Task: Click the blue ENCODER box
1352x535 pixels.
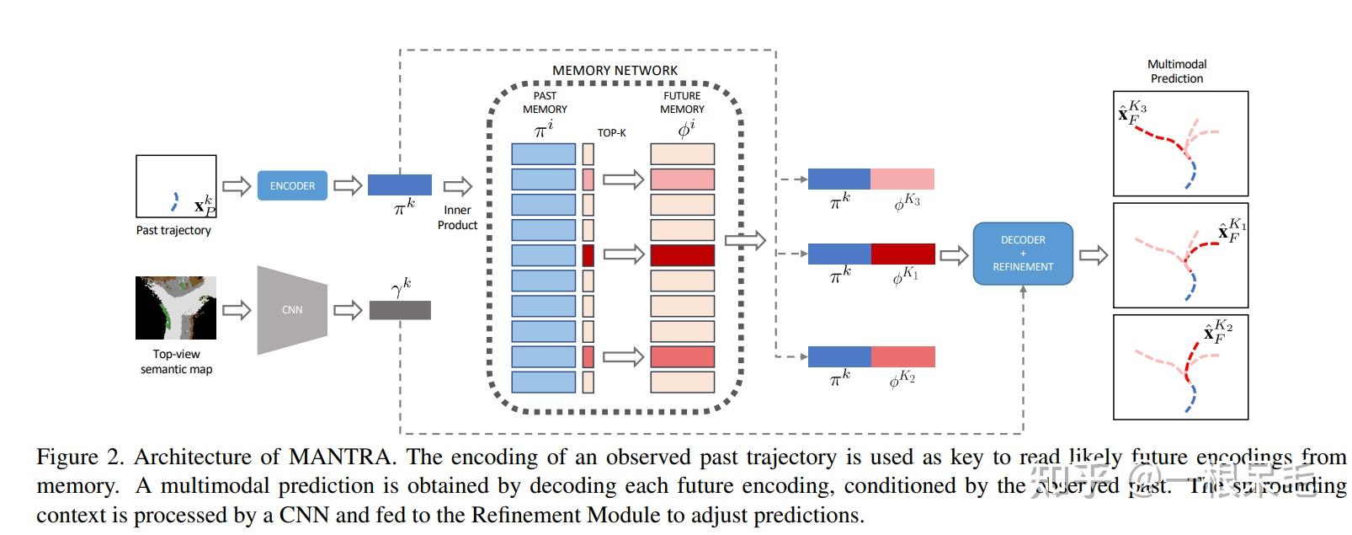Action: pos(292,185)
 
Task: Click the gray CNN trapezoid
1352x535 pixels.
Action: pos(291,310)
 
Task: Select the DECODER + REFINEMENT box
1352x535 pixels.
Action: pos(1023,254)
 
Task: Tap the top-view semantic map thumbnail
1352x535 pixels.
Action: pos(176,308)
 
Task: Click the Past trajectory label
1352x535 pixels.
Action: pos(173,230)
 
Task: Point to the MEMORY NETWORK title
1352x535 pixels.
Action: pos(615,71)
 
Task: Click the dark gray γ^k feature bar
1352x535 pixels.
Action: pos(400,310)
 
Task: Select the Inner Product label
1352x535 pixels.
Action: pos(457,217)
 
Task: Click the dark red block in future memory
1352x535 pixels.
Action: pos(682,255)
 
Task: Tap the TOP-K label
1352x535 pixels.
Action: pos(611,133)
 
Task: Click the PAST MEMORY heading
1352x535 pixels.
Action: pos(545,102)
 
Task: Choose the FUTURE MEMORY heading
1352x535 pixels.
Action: pos(682,102)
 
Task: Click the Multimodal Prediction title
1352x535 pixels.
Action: pos(1177,71)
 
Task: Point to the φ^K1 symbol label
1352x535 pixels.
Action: pos(905,276)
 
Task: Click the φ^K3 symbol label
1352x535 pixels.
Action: pos(907,202)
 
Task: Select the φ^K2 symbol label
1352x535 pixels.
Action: pos(902,379)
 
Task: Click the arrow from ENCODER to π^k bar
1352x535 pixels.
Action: pos(348,185)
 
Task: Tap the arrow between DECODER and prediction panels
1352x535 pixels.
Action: pos(1093,254)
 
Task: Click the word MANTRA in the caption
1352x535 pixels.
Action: pos(341,457)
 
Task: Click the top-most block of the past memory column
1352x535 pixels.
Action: pos(543,153)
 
